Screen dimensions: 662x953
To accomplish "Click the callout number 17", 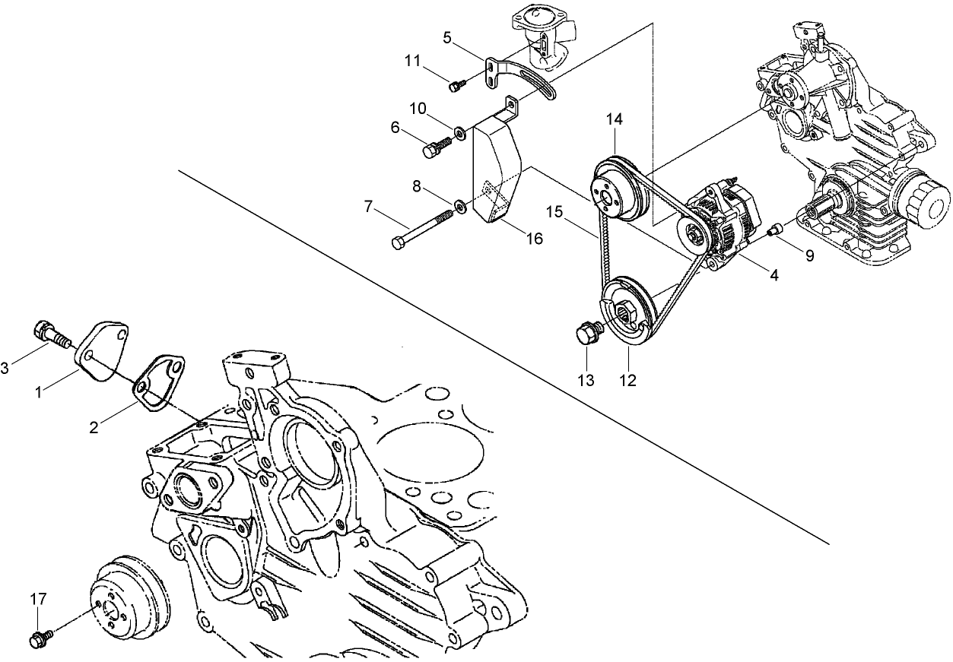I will coord(38,599).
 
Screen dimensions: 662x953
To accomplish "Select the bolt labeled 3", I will coord(48,332).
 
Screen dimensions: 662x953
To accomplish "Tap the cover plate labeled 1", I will coord(102,346).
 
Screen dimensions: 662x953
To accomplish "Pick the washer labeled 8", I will coord(460,204).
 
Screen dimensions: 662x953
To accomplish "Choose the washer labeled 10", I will coord(460,134).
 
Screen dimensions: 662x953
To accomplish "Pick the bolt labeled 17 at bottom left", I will coord(40,638).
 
